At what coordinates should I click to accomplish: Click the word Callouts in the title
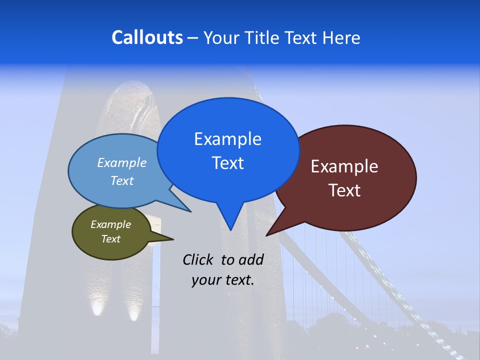point(147,37)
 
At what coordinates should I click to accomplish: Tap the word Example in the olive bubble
point(110,224)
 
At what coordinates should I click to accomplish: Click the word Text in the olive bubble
point(110,239)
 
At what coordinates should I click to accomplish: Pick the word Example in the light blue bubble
point(122,162)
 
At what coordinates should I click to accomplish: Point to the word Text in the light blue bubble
point(122,180)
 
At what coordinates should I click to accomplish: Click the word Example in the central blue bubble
point(227,139)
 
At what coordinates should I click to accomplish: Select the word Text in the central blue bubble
point(227,163)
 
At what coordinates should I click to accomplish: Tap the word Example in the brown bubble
point(344,166)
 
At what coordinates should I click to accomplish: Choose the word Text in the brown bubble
point(344,190)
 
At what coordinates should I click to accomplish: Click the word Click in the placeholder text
point(198,259)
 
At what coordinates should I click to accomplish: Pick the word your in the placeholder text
point(205,280)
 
